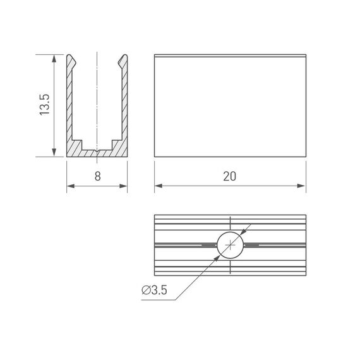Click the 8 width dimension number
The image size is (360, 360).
coord(97,176)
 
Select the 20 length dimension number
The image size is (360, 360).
coord(230,176)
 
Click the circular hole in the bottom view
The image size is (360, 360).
coord(231,244)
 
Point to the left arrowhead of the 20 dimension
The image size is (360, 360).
coord(159,186)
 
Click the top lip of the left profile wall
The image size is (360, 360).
coord(73,60)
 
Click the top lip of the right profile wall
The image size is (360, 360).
coord(122,60)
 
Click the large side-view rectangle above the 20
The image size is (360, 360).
coord(230,106)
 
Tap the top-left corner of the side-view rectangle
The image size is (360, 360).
coord(155,56)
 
